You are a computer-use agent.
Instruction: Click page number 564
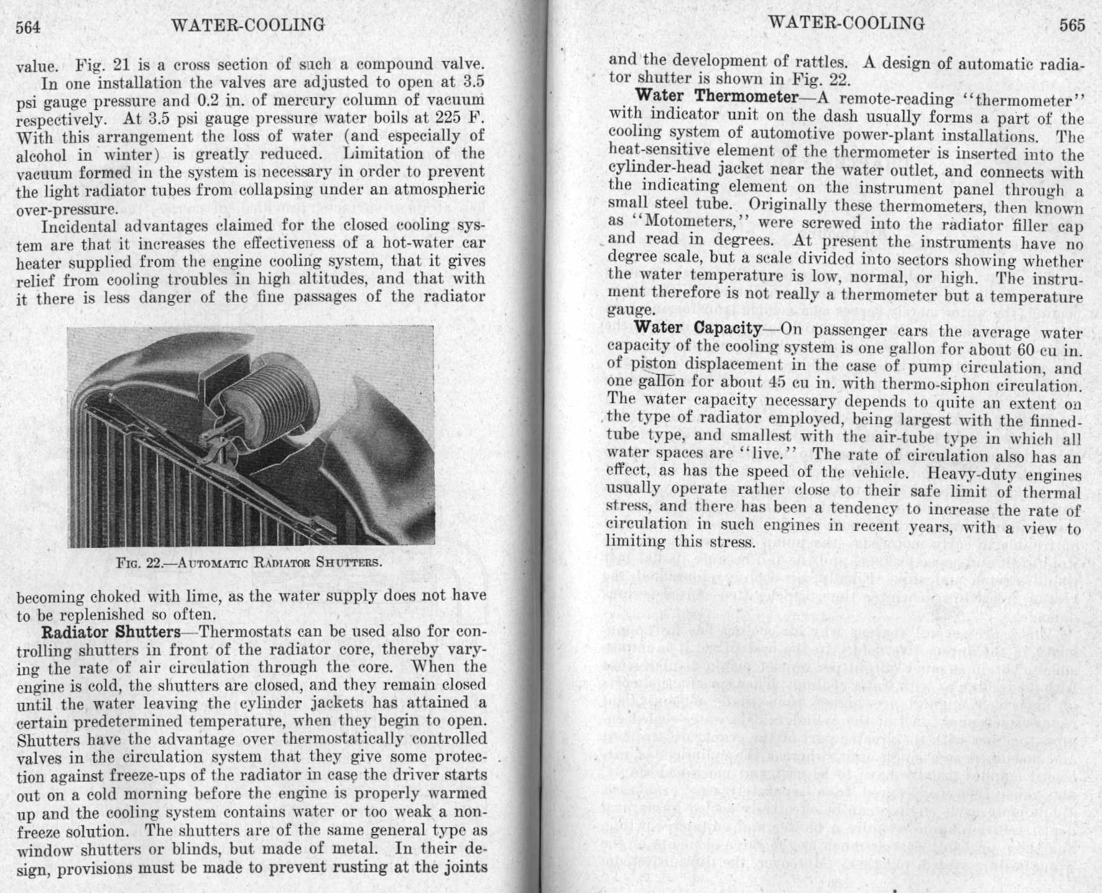[28, 27]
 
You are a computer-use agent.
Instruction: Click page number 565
[1072, 25]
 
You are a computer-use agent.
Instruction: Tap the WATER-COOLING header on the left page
[248, 25]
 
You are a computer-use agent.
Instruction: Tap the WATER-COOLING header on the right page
[846, 23]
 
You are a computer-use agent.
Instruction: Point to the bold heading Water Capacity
[697, 328]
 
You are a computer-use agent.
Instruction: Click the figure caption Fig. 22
[249, 563]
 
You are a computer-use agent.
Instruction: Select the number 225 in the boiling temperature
[447, 118]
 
